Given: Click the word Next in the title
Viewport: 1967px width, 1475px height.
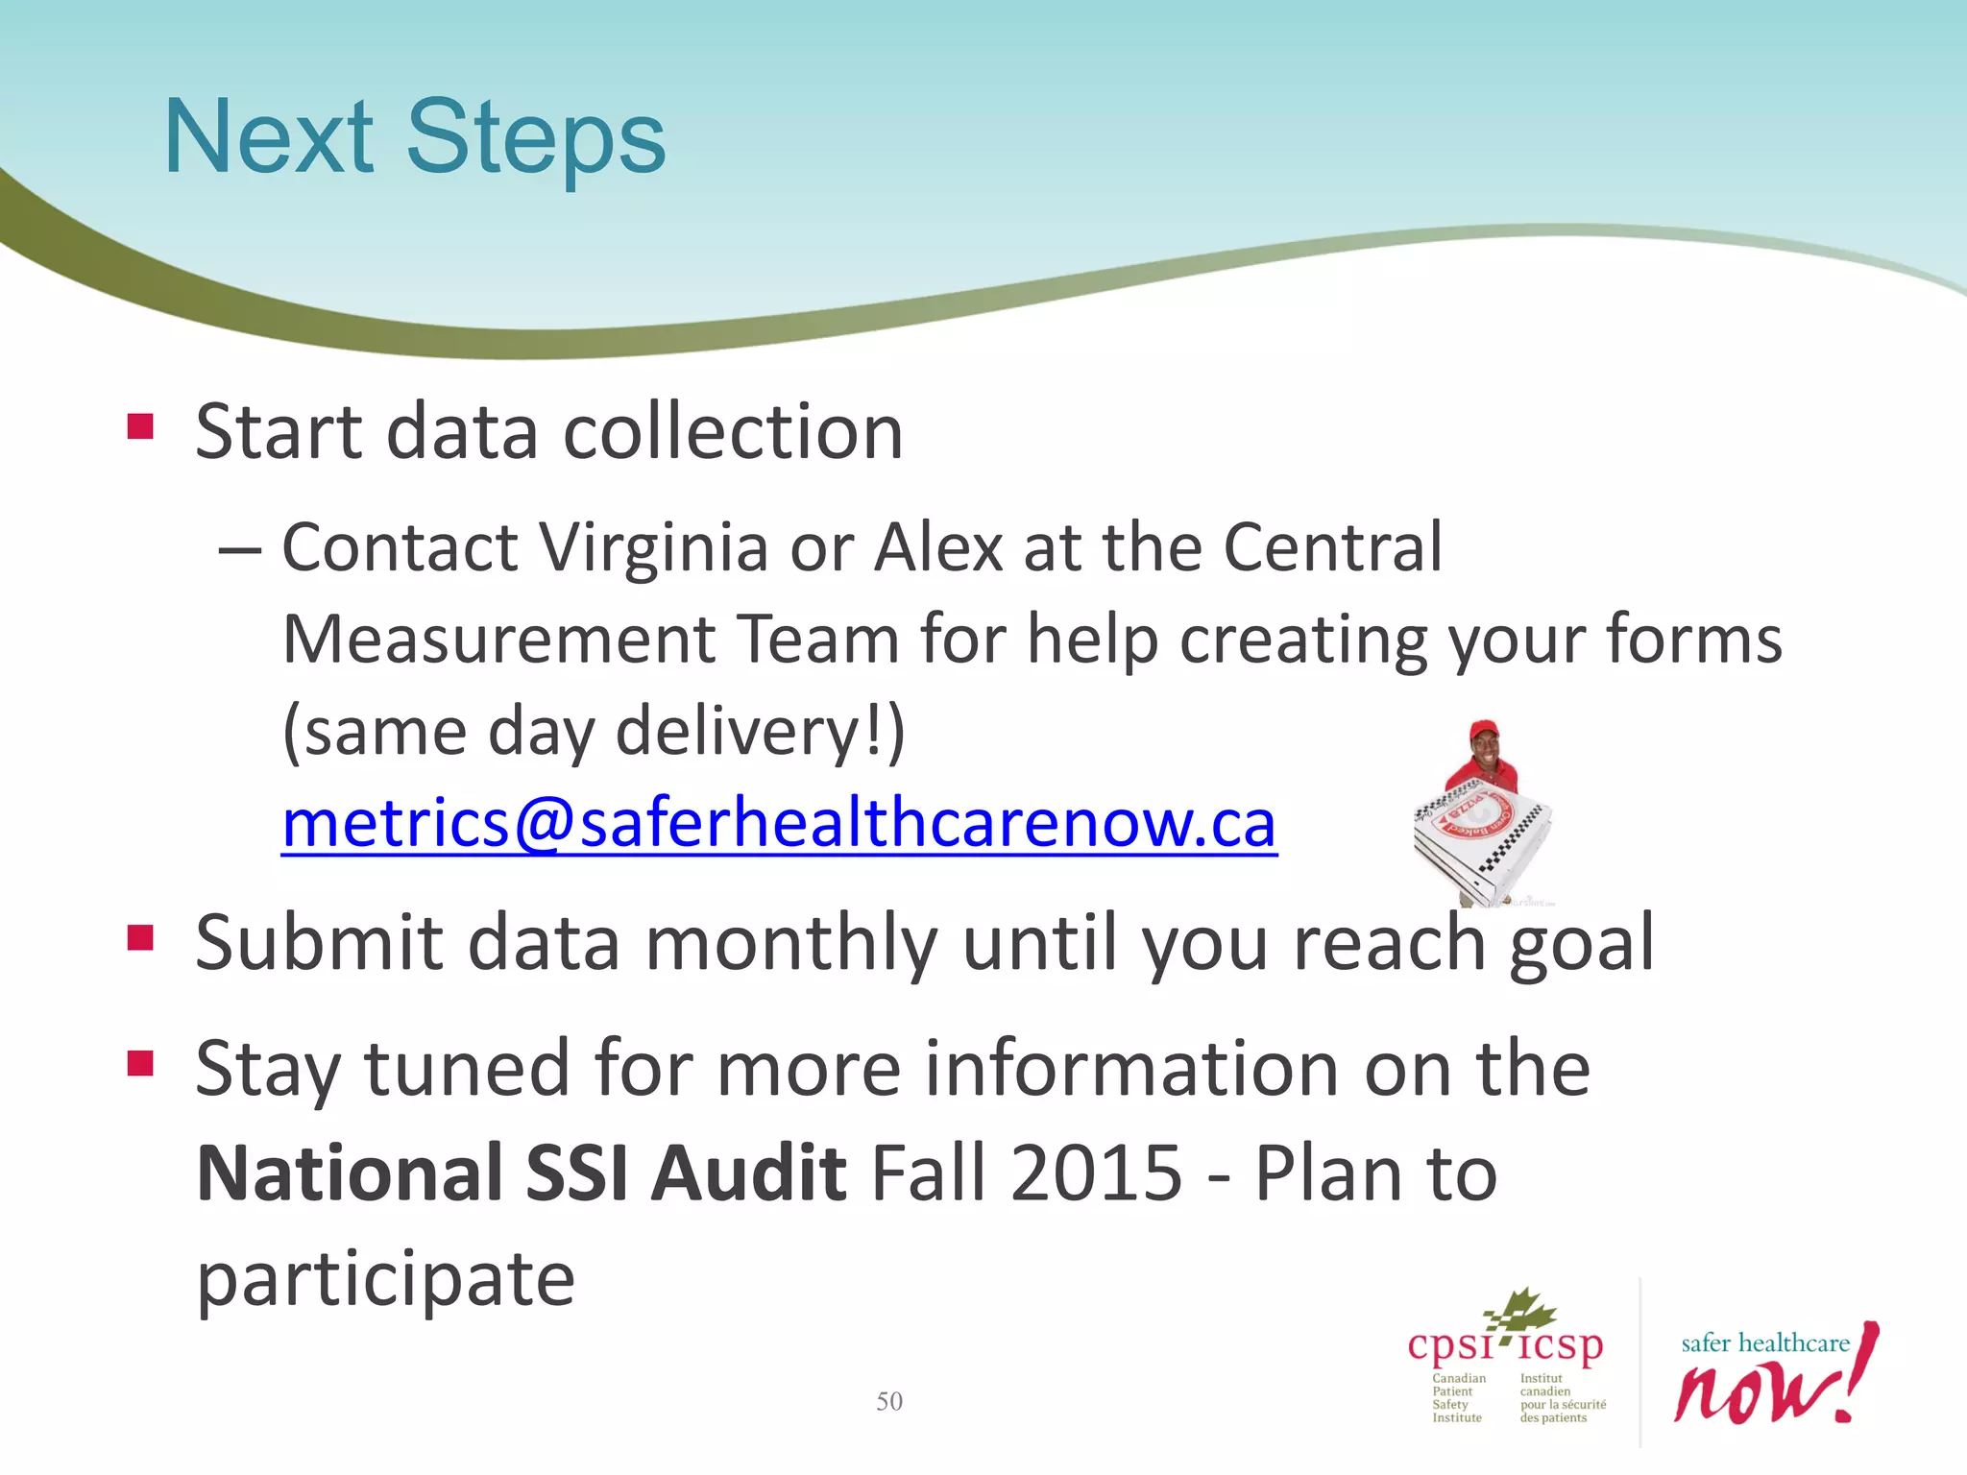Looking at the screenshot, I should (269, 139).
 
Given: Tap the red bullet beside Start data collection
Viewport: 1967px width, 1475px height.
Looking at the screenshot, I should (140, 426).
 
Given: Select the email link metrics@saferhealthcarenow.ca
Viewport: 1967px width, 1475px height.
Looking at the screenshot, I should (779, 824).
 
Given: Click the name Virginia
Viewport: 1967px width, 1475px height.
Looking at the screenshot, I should (653, 547).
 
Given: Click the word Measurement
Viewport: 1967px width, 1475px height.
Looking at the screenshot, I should (499, 640).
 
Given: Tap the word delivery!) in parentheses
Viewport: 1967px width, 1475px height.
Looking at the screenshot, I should (760, 732).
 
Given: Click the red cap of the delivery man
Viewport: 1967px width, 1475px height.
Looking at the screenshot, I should (1485, 727).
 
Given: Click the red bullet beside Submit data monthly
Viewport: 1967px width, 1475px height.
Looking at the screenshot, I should (140, 937).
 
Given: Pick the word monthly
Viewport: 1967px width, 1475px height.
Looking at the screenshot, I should (790, 943).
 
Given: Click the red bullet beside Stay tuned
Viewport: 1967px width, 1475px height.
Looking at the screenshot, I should (140, 1063).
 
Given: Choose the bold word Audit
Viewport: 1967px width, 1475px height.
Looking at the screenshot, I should (749, 1173).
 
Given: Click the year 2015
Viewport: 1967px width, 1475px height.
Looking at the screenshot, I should (1095, 1173).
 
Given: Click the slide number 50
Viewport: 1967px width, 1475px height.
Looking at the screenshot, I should (889, 1401).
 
